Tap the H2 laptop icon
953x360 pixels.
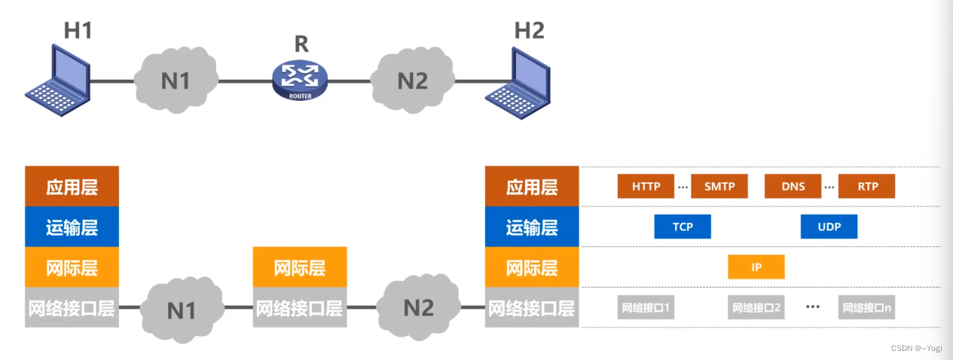click(518, 79)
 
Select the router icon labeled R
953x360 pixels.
click(301, 79)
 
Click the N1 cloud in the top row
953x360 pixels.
click(176, 79)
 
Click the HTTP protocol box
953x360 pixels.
click(645, 186)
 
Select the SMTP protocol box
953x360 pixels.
click(719, 186)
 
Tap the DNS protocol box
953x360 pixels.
click(793, 186)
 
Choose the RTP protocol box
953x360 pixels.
click(866, 186)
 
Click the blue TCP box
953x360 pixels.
click(682, 227)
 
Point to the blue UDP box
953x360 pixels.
click(829, 227)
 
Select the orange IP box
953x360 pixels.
click(756, 267)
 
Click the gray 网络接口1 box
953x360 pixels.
click(645, 307)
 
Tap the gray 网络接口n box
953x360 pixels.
click(866, 307)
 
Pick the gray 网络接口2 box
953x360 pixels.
click(756, 307)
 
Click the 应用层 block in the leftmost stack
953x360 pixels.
click(72, 186)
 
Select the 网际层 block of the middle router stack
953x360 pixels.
click(300, 267)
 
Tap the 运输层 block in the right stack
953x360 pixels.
click(532, 227)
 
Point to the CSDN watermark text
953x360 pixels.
click(915, 349)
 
